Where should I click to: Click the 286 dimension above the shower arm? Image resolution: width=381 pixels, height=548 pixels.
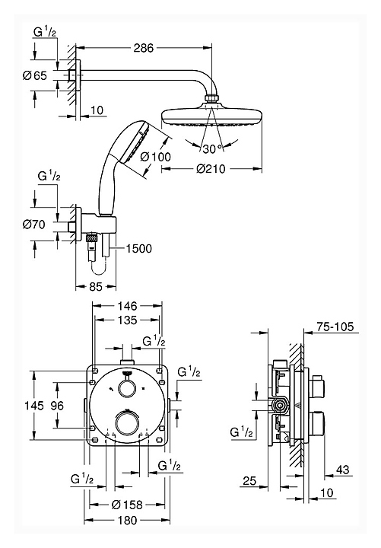pos(144,47)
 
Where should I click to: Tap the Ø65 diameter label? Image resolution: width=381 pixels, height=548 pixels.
pos(34,75)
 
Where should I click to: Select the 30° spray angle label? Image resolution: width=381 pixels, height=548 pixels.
pos(212,149)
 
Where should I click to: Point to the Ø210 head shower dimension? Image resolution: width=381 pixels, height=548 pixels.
pos(211,169)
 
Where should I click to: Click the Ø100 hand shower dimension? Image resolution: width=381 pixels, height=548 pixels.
pos(155,157)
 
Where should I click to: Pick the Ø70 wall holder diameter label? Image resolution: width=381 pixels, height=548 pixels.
pos(34,224)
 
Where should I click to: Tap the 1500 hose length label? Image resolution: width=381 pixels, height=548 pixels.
pos(138,249)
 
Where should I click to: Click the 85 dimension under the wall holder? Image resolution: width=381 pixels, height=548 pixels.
pos(96,287)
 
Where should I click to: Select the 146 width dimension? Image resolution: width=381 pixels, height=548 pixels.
pos(127,306)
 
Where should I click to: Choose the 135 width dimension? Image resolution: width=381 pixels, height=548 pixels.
pos(127,320)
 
